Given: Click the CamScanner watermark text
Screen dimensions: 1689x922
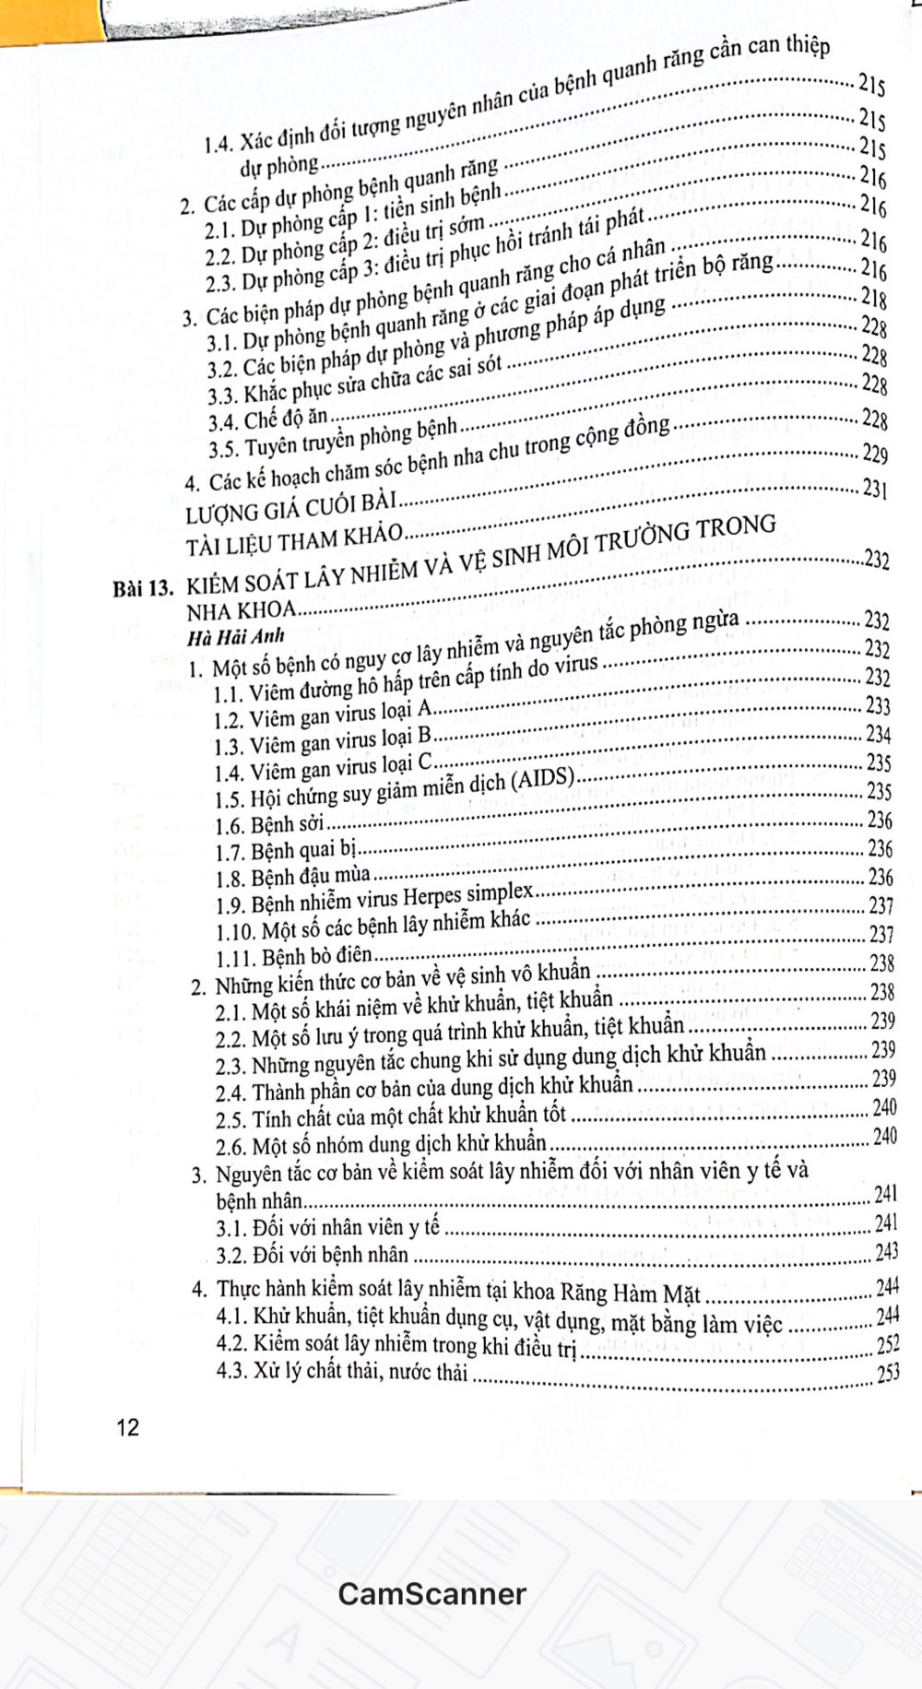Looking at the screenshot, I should coord(431,1594).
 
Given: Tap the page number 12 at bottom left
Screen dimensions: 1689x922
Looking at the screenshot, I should coord(128,1428).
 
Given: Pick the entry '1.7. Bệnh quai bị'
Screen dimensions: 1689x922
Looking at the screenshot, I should coord(285,849).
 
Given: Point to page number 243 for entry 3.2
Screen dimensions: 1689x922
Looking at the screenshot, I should coord(887,1253).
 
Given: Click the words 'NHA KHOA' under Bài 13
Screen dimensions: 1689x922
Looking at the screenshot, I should coord(241,609).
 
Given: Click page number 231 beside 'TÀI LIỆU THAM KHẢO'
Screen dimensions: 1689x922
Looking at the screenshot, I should coord(874,489).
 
